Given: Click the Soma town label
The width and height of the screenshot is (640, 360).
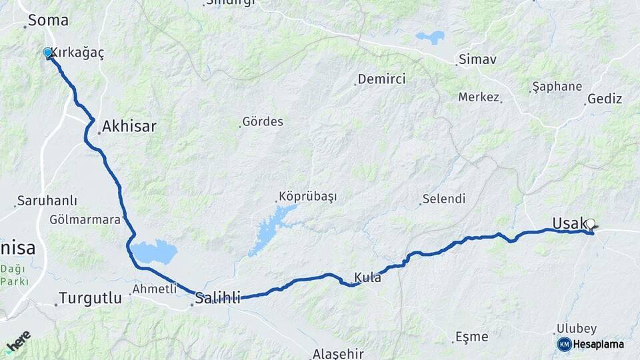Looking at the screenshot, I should [x=48, y=20].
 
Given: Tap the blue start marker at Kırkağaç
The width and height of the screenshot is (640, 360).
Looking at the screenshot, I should [x=47, y=53].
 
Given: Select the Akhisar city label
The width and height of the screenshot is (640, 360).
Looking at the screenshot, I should [x=129, y=126].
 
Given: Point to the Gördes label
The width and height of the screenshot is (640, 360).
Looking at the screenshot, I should [x=263, y=122].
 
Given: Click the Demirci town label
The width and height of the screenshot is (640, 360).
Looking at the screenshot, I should [x=381, y=79].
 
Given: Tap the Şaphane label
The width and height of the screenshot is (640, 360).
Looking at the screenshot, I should [x=558, y=87].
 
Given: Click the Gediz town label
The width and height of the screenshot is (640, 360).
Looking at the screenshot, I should [x=605, y=99].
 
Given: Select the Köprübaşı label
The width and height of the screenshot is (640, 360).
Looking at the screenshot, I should [x=307, y=197].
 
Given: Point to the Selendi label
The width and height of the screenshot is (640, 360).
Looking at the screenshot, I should [x=444, y=199].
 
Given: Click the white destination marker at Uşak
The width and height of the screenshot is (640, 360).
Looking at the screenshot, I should [x=590, y=224].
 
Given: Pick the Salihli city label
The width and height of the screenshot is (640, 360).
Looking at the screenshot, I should [x=217, y=298].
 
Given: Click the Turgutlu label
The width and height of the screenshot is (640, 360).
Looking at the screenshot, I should [x=91, y=298].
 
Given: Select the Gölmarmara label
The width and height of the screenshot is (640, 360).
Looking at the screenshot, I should [x=85, y=219].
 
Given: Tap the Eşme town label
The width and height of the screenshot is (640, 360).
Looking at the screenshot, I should [x=472, y=337].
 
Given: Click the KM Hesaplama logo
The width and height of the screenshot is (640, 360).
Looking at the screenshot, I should [x=591, y=344].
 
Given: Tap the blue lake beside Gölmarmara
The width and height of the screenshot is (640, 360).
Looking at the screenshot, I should [x=154, y=252].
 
